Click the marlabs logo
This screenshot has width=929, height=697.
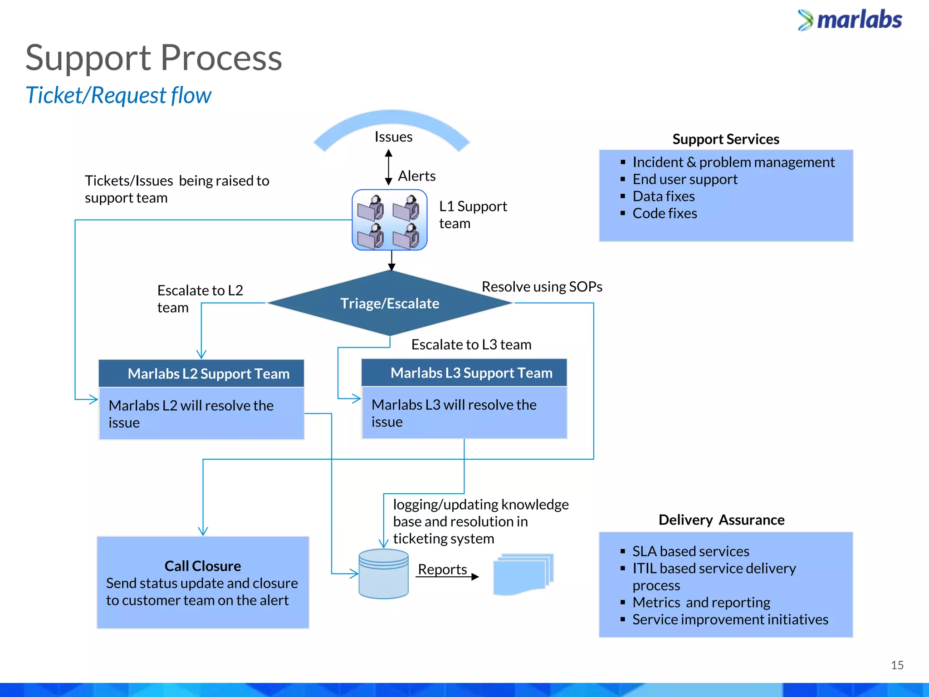[850, 20]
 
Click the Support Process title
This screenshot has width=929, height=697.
[154, 58]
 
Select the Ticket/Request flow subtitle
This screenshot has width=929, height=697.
[118, 95]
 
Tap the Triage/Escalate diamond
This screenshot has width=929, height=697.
[390, 303]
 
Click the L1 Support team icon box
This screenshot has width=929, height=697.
[390, 220]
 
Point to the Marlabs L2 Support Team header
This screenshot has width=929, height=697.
[201, 373]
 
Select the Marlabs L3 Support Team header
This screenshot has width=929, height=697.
[464, 373]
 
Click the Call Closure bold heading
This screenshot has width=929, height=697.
[203, 566]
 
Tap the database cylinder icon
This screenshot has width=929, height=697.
[383, 574]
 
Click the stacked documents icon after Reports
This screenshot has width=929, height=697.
[523, 574]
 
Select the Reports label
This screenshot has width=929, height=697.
[442, 569]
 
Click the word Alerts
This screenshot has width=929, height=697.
[416, 176]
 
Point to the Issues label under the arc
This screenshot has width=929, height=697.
[393, 137]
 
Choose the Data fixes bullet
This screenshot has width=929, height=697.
[663, 196]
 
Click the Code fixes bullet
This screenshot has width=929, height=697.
[665, 213]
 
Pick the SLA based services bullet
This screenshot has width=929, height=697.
[690, 551]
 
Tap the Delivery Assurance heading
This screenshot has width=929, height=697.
[721, 520]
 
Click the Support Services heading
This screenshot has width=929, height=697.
[726, 139]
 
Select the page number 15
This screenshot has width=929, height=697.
[897, 665]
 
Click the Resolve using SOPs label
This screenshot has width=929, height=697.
[542, 287]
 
